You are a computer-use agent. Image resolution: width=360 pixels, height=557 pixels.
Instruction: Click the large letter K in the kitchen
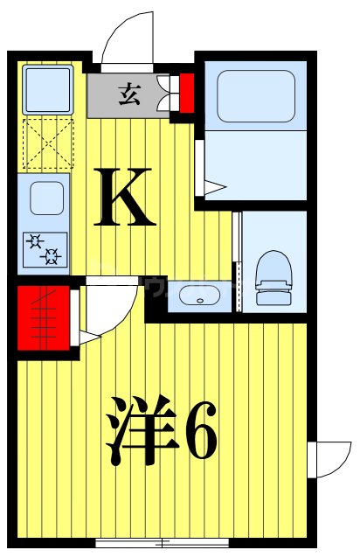128,198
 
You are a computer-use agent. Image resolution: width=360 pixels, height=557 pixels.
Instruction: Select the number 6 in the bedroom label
199,432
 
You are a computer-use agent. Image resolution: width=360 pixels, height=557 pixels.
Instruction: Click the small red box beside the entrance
185,93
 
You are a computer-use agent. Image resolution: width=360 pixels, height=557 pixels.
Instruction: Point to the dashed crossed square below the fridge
45,142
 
